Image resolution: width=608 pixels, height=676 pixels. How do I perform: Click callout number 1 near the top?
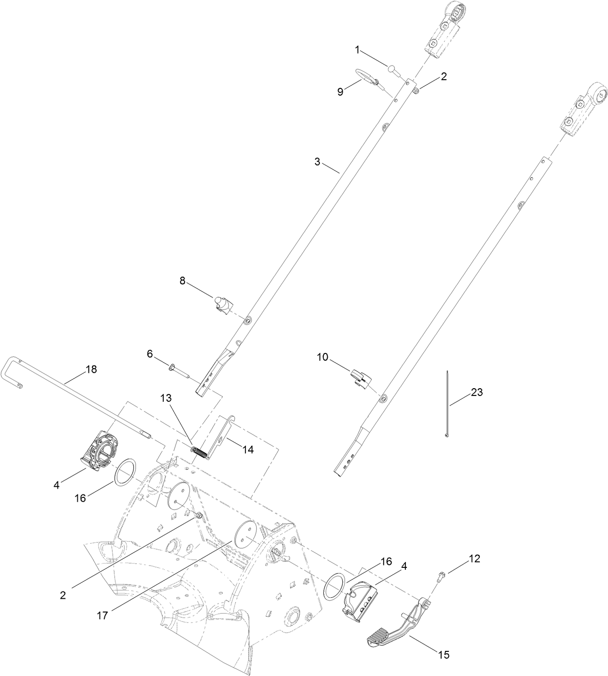point(357,50)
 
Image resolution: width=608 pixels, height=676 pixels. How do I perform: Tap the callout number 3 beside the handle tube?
point(317,162)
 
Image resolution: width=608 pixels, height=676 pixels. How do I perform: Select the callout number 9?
point(340,92)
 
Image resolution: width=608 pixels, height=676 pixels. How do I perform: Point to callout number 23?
point(477,393)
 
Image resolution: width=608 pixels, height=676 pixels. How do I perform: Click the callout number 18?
point(91,369)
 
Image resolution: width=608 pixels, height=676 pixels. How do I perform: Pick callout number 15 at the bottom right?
point(443,655)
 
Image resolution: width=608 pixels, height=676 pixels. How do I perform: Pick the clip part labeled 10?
point(360,376)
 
